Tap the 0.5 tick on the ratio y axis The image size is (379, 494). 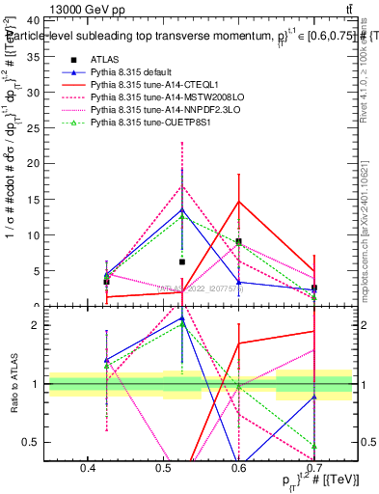pos(37,442)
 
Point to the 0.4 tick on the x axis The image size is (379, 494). pos(88,468)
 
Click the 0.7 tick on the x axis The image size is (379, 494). pos(313,468)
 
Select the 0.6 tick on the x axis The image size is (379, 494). pos(238,468)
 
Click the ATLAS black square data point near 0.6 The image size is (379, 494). pos(238,242)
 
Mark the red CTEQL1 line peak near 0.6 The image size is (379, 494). pos(238,202)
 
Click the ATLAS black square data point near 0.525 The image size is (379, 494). pos(181,261)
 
